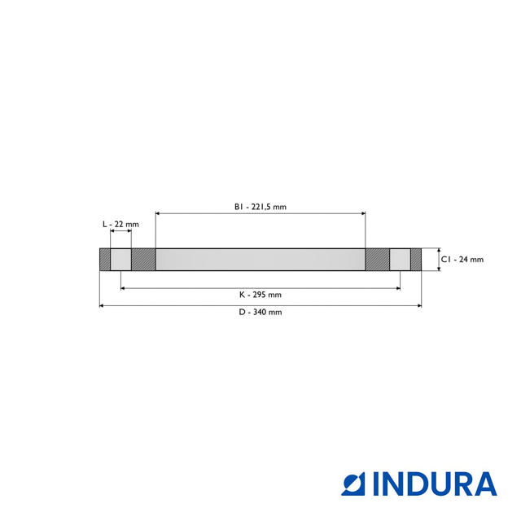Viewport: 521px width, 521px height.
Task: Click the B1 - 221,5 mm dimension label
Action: click(x=260, y=207)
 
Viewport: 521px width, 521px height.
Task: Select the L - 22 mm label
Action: click(x=120, y=223)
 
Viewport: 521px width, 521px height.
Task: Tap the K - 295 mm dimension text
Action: click(x=260, y=294)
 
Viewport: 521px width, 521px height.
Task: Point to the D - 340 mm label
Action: click(x=260, y=312)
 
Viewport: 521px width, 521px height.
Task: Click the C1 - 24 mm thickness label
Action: click(x=462, y=260)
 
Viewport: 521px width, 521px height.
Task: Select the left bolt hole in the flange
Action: click(x=120, y=260)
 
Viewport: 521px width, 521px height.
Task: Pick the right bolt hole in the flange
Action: click(x=400, y=260)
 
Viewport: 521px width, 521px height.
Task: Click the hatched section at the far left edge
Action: click(x=104, y=260)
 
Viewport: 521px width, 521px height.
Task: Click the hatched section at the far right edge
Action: click(x=416, y=260)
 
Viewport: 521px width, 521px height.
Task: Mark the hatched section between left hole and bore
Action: click(x=143, y=260)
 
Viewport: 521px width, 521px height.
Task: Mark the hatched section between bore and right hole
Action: click(x=377, y=260)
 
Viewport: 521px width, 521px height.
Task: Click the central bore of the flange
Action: click(x=260, y=260)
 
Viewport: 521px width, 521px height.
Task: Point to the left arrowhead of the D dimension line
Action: click(x=102, y=305)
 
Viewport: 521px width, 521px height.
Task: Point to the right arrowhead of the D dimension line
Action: click(x=418, y=305)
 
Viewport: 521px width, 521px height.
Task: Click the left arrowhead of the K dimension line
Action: click(x=123, y=287)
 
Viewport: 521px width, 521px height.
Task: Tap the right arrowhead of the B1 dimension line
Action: click(x=362, y=213)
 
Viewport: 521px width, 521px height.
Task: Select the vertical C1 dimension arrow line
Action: click(x=438, y=260)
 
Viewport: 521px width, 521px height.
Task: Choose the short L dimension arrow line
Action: click(x=120, y=232)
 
